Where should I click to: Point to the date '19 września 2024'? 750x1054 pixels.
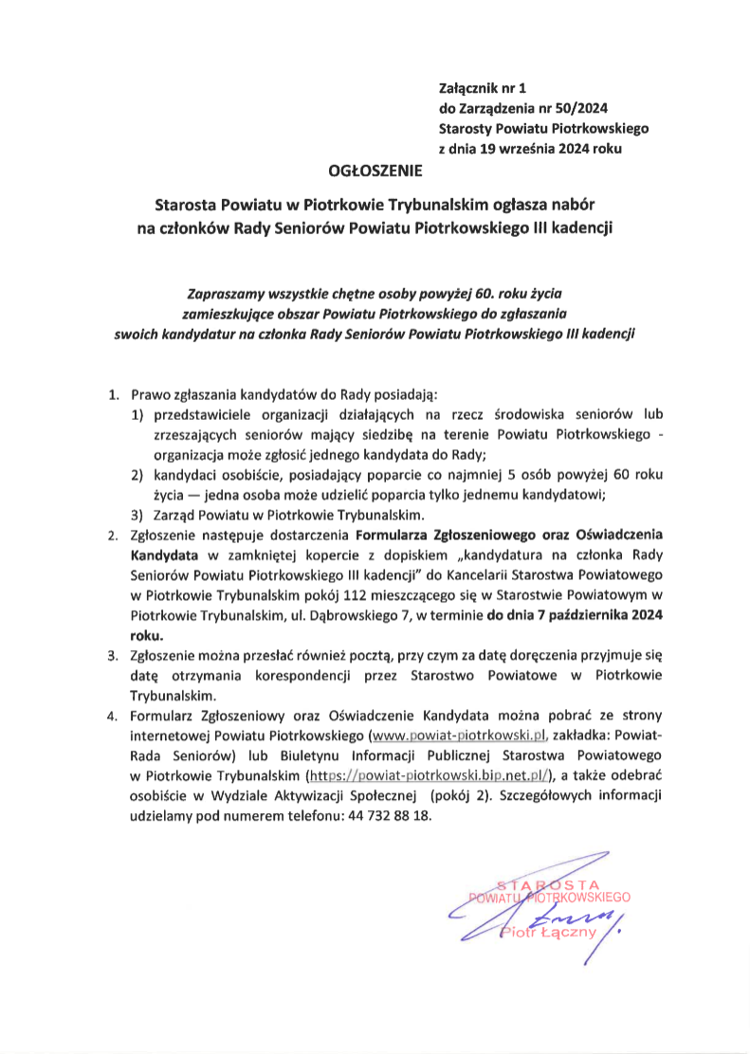533,149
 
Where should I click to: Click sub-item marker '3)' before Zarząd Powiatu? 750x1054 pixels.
137,514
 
